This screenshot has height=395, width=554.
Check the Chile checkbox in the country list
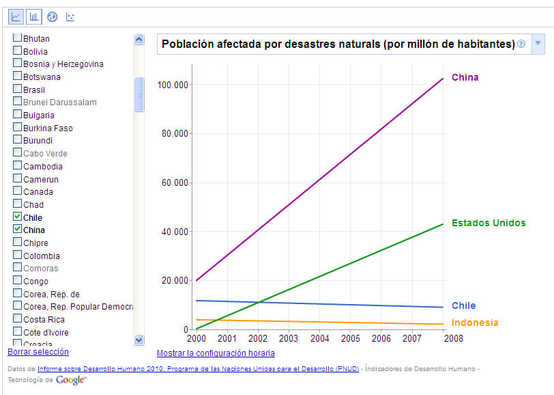pos(18,217)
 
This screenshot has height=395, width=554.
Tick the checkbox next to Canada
pos(18,191)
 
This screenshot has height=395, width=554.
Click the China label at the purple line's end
pos(465,77)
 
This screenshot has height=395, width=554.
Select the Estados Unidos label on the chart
pos(489,223)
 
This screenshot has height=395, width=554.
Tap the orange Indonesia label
pos(475,323)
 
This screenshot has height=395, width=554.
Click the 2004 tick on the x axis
pos(319,338)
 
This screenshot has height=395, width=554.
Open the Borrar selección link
pos(38,352)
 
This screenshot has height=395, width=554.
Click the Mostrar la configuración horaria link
pos(216,353)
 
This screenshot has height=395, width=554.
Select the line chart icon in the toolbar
pos(16,16)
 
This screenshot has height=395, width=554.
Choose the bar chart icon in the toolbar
pos(34,16)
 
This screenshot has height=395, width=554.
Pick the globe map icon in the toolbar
pos(53,16)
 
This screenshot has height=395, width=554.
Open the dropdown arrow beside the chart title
pos(537,44)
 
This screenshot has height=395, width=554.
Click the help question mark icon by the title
pos(521,44)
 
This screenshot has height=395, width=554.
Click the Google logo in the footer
pos(71,380)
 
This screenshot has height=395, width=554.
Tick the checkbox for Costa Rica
pos(18,318)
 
